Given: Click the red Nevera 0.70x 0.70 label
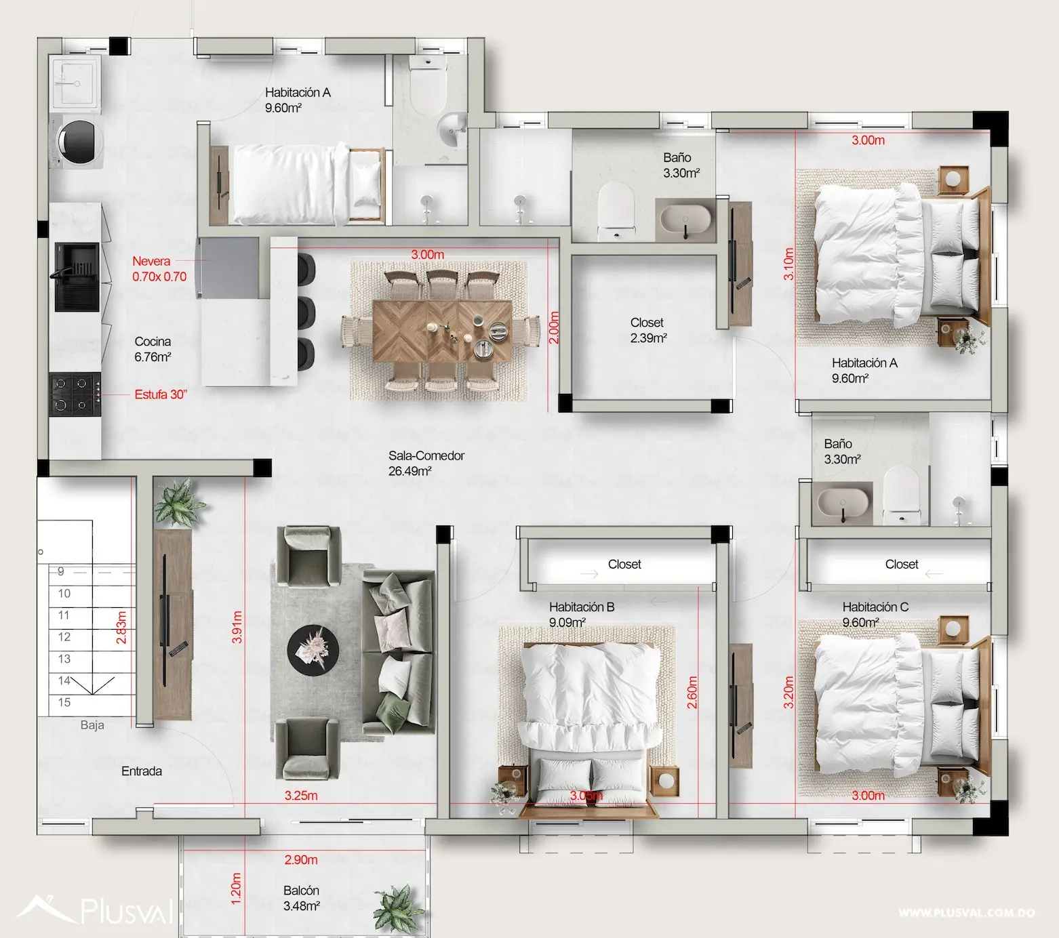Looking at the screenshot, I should pos(159,269).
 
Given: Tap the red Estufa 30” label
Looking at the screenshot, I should pos(161,394).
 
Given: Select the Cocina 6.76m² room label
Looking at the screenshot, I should pos(153,349).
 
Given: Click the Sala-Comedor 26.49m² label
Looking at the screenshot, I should pos(426,464).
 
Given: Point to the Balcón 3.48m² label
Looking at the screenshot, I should pos(301,898).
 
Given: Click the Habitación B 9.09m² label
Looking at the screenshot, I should pos(581,614).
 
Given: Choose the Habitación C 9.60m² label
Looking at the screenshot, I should pos(875,614).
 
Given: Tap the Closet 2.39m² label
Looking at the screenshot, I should pos(647,330).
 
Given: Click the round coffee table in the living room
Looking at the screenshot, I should pos(313,649).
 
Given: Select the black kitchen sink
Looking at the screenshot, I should pos(77,277).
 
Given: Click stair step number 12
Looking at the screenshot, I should pos(64,637).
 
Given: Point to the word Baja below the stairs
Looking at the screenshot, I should pos(92,725).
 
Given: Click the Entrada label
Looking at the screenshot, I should pos(142,771).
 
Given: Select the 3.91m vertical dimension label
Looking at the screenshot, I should pos(237,627).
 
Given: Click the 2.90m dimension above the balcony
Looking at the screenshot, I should pos(301,860).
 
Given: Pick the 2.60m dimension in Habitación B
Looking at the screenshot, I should pos(692,692).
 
